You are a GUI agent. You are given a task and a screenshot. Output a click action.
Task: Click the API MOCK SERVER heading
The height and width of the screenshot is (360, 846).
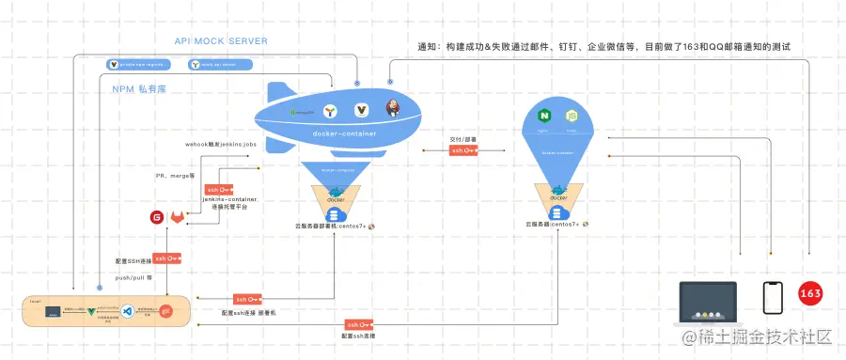click(221, 41)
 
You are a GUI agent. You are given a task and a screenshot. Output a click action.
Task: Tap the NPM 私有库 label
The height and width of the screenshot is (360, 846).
click(137, 90)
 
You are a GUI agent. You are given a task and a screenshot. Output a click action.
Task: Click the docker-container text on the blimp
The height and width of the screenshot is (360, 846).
click(343, 133)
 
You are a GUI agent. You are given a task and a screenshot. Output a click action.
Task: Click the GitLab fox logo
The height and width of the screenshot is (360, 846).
click(178, 218)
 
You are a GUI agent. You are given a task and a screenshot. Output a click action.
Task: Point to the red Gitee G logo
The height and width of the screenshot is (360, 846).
click(156, 218)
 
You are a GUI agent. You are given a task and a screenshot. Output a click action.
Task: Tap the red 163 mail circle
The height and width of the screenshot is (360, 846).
click(810, 294)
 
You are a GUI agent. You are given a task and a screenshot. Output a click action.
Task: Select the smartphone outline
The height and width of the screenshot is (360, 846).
click(772, 299)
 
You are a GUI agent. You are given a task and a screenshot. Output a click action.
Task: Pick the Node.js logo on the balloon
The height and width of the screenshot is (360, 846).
click(570, 117)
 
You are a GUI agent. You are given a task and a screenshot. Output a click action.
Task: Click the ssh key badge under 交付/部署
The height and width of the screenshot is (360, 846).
click(463, 150)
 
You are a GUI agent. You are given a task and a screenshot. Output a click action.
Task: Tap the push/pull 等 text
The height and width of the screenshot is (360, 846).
click(133, 277)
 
